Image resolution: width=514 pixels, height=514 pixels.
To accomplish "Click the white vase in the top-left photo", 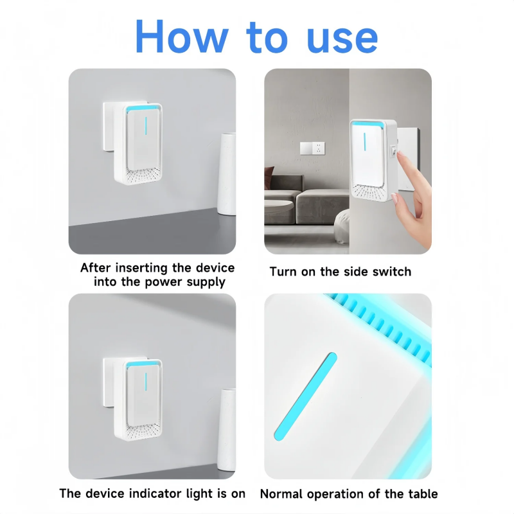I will (x=227, y=173).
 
